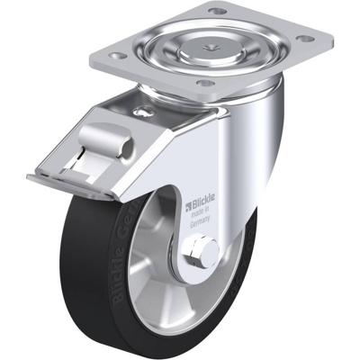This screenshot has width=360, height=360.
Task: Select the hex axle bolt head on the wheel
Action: pos(202,255)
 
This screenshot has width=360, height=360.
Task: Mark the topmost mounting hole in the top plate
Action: pos(217,10)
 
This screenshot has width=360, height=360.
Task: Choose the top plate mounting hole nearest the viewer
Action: pos(206,84)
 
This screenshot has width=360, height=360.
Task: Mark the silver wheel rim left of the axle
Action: pos(148,270)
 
